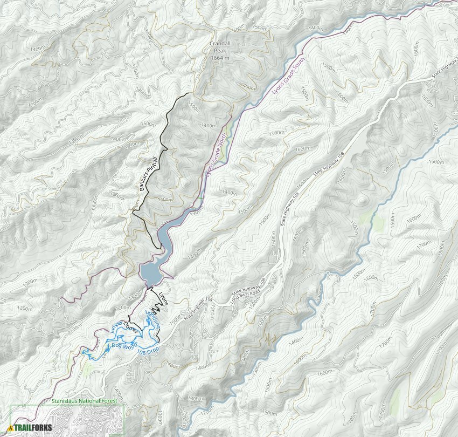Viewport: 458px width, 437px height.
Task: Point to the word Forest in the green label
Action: tap(112, 401)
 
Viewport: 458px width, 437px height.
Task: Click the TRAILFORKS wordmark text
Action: tap(31, 427)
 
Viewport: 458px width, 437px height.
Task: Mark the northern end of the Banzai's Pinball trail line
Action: tap(188, 94)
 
